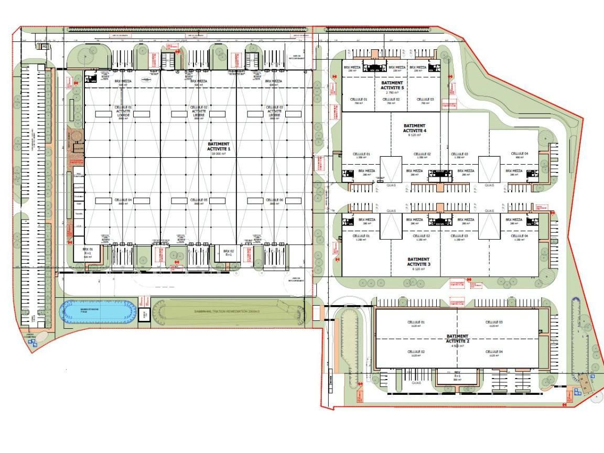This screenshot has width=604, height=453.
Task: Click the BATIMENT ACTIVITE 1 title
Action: (219, 146)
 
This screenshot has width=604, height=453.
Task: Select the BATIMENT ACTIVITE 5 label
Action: (392, 85)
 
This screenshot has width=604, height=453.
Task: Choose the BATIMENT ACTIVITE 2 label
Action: (457, 339)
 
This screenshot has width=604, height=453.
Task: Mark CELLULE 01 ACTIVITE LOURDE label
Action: (123, 112)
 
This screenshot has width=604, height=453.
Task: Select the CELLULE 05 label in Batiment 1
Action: (199, 201)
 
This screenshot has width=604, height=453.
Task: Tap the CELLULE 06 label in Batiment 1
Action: (274, 201)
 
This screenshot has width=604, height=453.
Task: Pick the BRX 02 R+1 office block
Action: (228, 253)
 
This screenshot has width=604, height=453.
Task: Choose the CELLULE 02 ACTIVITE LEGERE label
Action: (199, 112)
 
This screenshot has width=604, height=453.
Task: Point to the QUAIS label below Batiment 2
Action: (417, 383)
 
